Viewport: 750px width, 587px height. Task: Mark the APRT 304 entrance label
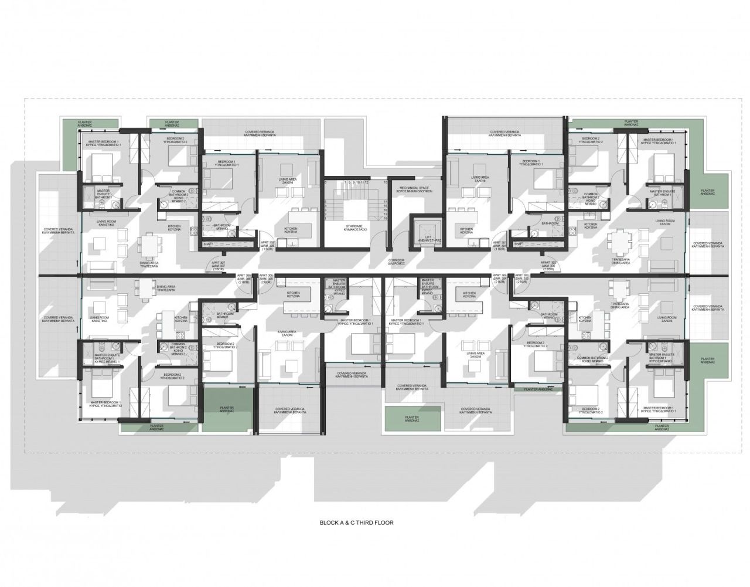click(x=499, y=278)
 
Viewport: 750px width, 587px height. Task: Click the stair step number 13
click(x=386, y=183)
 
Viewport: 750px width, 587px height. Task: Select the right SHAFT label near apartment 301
click(x=518, y=244)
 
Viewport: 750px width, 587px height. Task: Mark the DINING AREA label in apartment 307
click(x=149, y=264)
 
